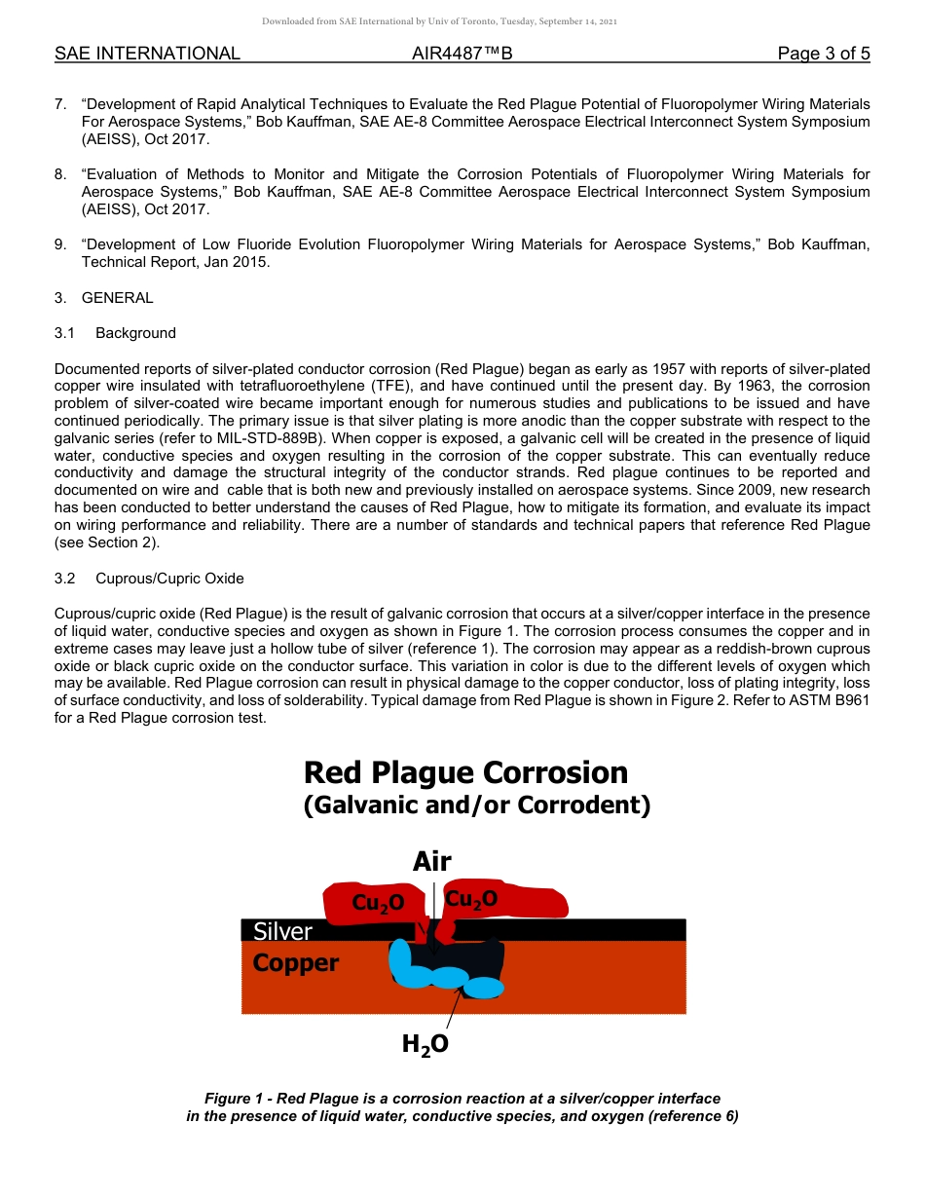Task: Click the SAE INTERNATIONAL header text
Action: pyautogui.click(x=147, y=54)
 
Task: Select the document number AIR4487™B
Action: pyautogui.click(x=462, y=54)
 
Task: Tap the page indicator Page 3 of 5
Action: pyautogui.click(x=823, y=54)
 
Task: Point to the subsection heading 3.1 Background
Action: pyautogui.click(x=116, y=333)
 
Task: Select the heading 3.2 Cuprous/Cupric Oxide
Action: pyautogui.click(x=149, y=579)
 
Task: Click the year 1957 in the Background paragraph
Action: pyautogui.click(x=694, y=368)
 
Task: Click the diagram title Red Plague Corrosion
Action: pyautogui.click(x=465, y=772)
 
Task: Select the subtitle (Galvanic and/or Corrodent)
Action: pyautogui.click(x=476, y=805)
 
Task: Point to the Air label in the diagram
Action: pyautogui.click(x=431, y=861)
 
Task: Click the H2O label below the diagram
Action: pyautogui.click(x=425, y=1044)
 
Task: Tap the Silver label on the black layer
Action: pyautogui.click(x=282, y=931)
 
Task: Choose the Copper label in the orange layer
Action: pyautogui.click(x=295, y=963)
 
